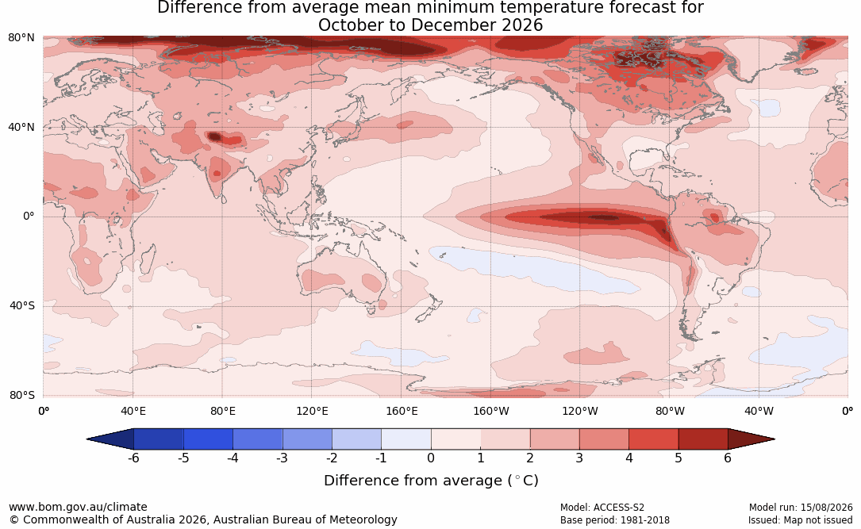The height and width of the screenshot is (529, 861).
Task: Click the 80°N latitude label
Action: tap(21, 38)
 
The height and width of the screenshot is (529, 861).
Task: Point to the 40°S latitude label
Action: tap(22, 305)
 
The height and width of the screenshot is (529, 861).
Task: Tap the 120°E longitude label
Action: tap(312, 411)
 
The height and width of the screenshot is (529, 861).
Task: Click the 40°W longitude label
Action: tap(759, 411)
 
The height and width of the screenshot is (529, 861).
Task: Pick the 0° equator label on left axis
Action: tap(29, 217)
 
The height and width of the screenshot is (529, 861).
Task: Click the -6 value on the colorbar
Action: tap(133, 458)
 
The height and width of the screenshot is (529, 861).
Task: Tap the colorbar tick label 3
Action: tap(579, 458)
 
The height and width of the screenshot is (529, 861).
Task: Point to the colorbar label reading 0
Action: tap(431, 458)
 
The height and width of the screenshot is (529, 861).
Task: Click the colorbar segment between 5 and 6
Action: tap(703, 439)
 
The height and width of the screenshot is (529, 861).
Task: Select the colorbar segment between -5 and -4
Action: tap(208, 439)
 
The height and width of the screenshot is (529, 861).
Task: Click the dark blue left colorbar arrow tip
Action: tap(87, 439)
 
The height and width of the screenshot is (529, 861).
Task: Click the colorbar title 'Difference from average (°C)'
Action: tap(431, 481)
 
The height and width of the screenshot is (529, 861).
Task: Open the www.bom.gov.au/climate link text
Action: tap(78, 507)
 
